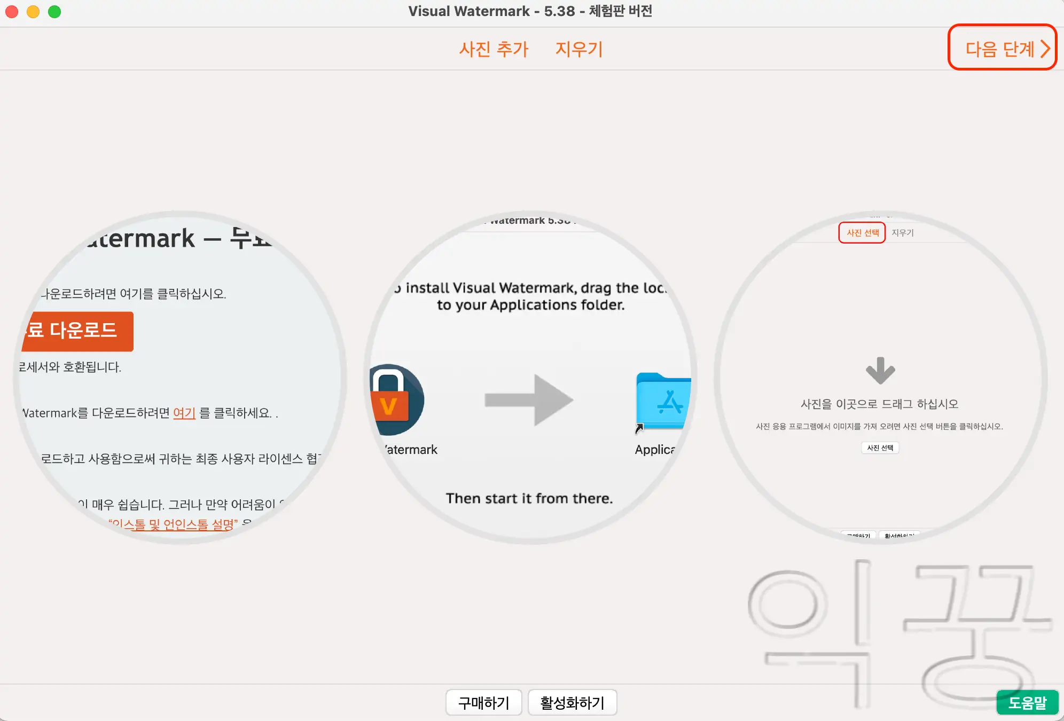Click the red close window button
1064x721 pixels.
(x=12, y=12)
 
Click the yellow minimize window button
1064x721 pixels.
(x=33, y=12)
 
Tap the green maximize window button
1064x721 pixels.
(x=54, y=12)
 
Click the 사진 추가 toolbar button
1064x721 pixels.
(x=494, y=49)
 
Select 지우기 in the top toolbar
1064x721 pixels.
(x=579, y=49)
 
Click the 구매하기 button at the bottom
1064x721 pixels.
(x=484, y=702)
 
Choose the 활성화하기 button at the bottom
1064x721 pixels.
(x=572, y=702)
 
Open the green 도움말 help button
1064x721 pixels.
(x=1027, y=702)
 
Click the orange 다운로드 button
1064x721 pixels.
(x=77, y=331)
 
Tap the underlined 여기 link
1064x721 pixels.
(x=184, y=413)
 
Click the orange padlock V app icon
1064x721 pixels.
(x=395, y=401)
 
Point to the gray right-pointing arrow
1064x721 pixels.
(x=529, y=400)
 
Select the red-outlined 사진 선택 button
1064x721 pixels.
(x=862, y=233)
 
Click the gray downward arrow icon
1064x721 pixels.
(x=880, y=371)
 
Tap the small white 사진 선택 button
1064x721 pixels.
(x=880, y=448)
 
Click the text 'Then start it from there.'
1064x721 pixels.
(x=529, y=498)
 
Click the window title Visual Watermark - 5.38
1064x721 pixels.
(x=530, y=11)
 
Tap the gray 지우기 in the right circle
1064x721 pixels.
(x=903, y=233)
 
